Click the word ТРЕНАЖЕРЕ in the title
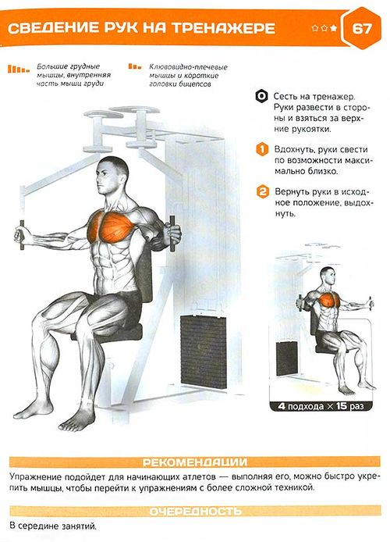(224, 28)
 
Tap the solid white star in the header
(333, 28)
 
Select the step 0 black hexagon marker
(261, 96)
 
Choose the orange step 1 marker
(262, 150)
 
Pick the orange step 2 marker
(263, 192)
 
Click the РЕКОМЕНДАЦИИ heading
(195, 462)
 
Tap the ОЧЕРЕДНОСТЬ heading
(195, 512)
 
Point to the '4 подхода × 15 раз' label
(321, 406)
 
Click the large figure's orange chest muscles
(112, 227)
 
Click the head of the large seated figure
(112, 176)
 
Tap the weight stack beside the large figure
(204, 349)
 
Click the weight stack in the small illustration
(287, 358)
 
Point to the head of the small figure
(328, 276)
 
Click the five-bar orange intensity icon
(19, 69)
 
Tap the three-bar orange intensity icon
(135, 66)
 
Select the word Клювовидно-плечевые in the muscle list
(189, 67)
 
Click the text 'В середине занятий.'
(53, 526)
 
